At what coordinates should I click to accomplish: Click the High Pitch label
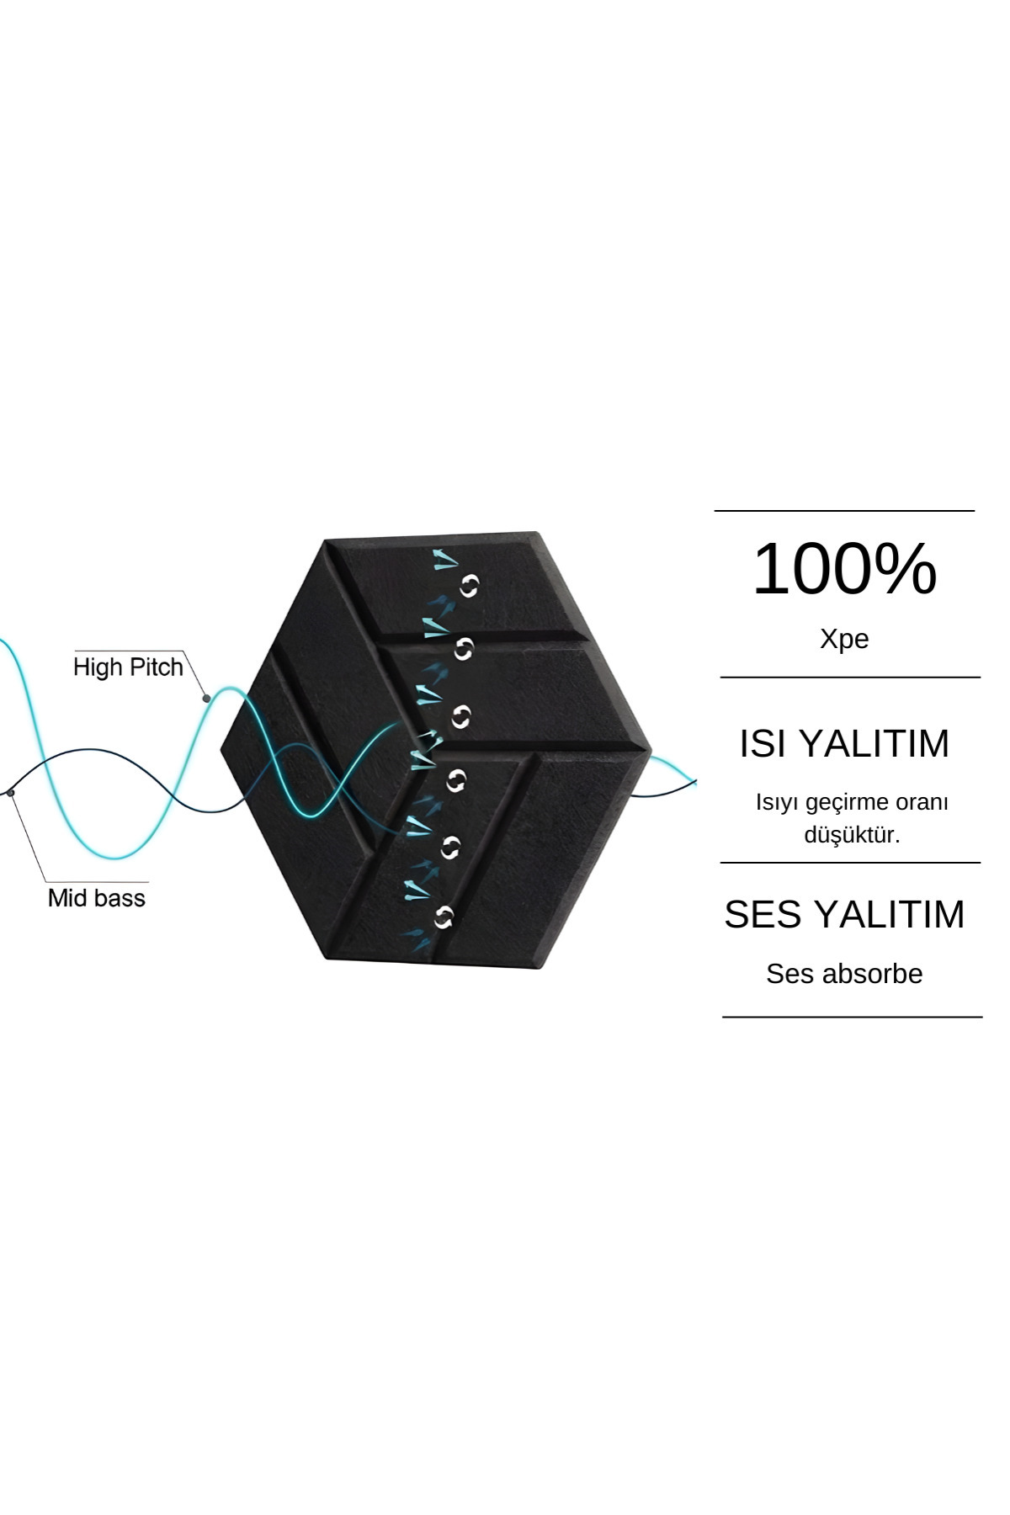click(128, 667)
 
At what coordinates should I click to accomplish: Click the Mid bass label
click(97, 898)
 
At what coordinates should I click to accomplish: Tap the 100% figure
click(844, 569)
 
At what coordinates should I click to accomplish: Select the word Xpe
click(844, 639)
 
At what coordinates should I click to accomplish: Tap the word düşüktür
click(852, 835)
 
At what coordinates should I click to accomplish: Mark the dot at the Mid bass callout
click(11, 792)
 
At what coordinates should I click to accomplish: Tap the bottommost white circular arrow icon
click(444, 917)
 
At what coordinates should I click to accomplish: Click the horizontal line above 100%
click(844, 511)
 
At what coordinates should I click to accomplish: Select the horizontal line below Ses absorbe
click(852, 1017)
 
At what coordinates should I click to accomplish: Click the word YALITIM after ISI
click(874, 744)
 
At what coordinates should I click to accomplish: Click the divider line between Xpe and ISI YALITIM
click(850, 677)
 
